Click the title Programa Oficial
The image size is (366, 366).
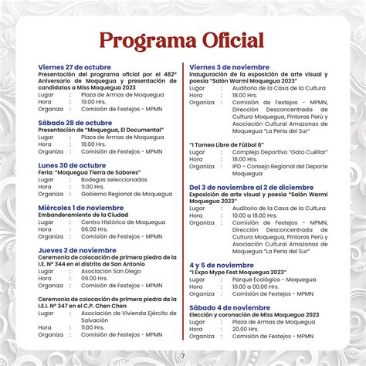pos(182,40)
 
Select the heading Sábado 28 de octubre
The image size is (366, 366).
pos(75,122)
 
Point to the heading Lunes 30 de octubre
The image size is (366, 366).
pos(72,164)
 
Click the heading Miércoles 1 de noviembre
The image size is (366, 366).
pos(81,207)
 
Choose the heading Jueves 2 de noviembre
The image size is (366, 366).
pos(78,250)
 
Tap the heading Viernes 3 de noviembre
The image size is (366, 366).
pos(229,67)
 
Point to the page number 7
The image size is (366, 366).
pos(183,356)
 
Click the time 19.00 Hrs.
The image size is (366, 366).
pos(94,101)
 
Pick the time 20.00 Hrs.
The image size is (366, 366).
pos(245,329)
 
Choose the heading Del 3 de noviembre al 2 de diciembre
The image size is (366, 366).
pos(253,187)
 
